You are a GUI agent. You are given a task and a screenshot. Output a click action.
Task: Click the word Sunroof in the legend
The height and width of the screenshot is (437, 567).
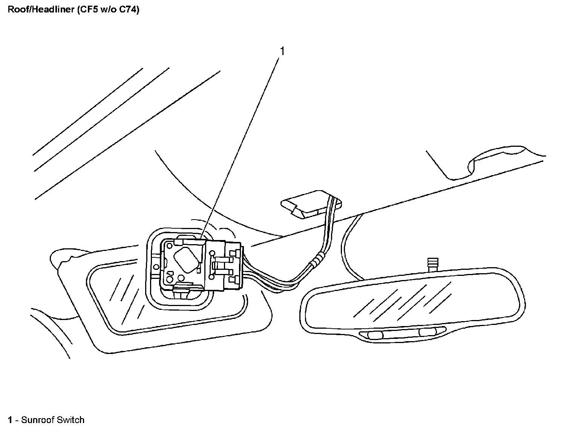point(37,420)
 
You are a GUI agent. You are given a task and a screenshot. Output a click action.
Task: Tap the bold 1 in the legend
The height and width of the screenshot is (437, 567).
point(11,420)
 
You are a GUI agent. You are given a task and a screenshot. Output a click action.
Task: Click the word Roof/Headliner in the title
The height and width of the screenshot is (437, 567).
point(41,10)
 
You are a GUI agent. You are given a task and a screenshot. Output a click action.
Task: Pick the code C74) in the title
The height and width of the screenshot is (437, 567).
point(128,10)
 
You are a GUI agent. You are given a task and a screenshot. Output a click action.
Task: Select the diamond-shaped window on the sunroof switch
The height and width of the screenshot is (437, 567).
point(186,260)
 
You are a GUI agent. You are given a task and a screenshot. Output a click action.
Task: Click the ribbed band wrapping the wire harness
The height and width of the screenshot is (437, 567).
point(316,259)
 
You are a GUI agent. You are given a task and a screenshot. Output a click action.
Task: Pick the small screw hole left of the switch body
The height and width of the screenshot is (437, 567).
point(155,266)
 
